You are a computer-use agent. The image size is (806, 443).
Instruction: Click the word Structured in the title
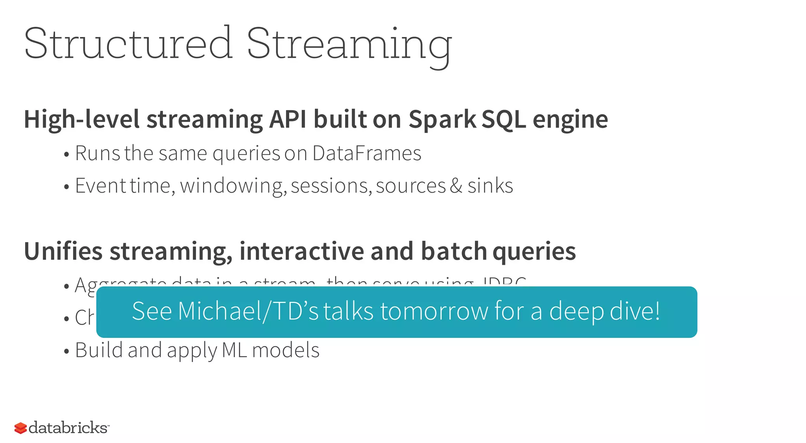tap(128, 43)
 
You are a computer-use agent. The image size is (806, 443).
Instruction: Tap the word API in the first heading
tap(287, 119)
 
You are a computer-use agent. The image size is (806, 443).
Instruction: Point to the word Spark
tap(442, 119)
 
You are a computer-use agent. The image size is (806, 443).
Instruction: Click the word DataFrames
tap(366, 153)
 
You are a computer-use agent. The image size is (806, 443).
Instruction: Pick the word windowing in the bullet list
tap(233, 186)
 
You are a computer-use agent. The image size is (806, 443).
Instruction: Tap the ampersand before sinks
tap(456, 186)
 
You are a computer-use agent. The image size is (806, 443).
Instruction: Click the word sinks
tap(490, 186)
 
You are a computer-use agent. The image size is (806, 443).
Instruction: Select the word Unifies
tap(63, 251)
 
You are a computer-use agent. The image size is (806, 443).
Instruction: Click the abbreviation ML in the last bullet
tap(234, 350)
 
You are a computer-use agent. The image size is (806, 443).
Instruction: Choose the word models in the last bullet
tap(286, 350)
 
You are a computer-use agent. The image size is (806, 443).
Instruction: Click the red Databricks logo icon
tap(20, 428)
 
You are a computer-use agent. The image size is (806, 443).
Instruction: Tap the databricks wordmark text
tap(68, 428)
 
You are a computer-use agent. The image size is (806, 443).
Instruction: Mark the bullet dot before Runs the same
tap(67, 155)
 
